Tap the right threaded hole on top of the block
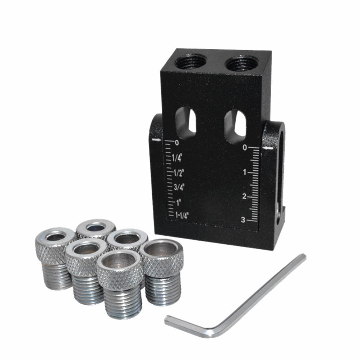pyautogui.click(x=241, y=64)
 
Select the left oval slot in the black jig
pyautogui.click(x=186, y=122)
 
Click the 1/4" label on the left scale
pyautogui.click(x=177, y=157)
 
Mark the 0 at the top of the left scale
pyautogui.click(x=176, y=143)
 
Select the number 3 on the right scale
pyautogui.click(x=243, y=220)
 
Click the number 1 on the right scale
pyautogui.click(x=244, y=172)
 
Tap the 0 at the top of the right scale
pyautogui.click(x=244, y=148)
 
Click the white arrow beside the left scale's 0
pyautogui.click(x=157, y=139)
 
